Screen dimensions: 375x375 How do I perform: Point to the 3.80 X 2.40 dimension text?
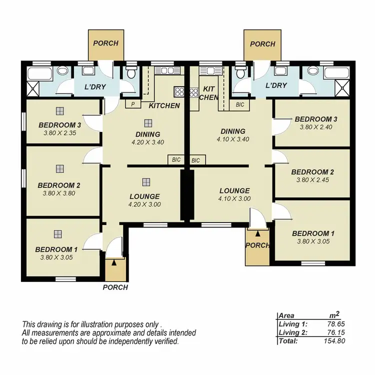click(x=315, y=127)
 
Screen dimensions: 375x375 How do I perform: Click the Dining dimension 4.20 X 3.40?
click(x=147, y=142)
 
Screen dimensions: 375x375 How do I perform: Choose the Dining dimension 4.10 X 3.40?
click(x=232, y=139)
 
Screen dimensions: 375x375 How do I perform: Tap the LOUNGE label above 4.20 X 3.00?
click(x=145, y=196)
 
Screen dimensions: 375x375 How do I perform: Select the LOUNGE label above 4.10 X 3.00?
click(x=234, y=190)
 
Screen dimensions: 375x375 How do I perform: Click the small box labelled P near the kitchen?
click(x=133, y=104)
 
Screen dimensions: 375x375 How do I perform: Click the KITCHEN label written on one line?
click(x=164, y=105)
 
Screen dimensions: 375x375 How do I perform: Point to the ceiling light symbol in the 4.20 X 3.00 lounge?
click(x=145, y=182)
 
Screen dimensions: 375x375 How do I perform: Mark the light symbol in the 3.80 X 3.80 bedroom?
click(x=60, y=169)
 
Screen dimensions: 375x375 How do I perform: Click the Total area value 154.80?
click(x=333, y=341)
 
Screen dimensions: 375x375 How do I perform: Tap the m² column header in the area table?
click(x=334, y=315)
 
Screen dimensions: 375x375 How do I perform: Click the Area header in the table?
click(x=286, y=316)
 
